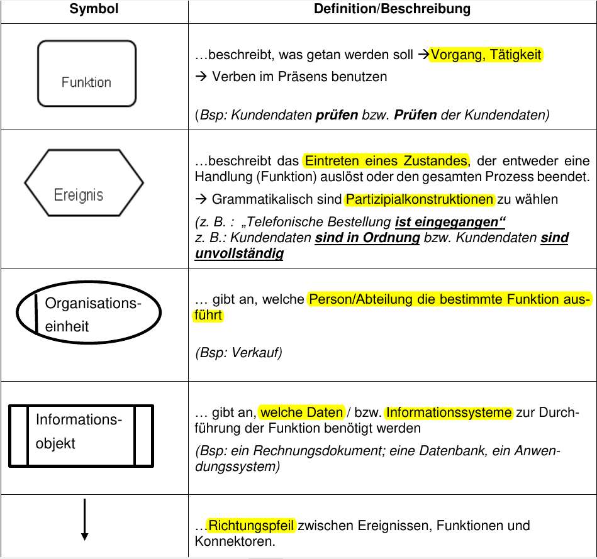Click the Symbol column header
coord(94,9)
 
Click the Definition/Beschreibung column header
coord(392,9)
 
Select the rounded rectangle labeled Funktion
coord(87,73)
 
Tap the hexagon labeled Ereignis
coord(84,183)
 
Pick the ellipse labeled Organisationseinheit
coord(88,314)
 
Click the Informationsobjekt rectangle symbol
coord(81,436)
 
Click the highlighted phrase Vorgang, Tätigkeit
coord(486,55)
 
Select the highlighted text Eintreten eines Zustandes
coord(386,160)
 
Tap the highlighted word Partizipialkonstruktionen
coord(420,199)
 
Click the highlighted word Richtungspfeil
coord(251,525)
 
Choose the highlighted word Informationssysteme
coord(449,412)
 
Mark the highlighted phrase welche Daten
coord(301,412)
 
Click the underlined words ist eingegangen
coord(450,222)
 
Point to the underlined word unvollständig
coord(239,253)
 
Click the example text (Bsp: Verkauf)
coord(239,352)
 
